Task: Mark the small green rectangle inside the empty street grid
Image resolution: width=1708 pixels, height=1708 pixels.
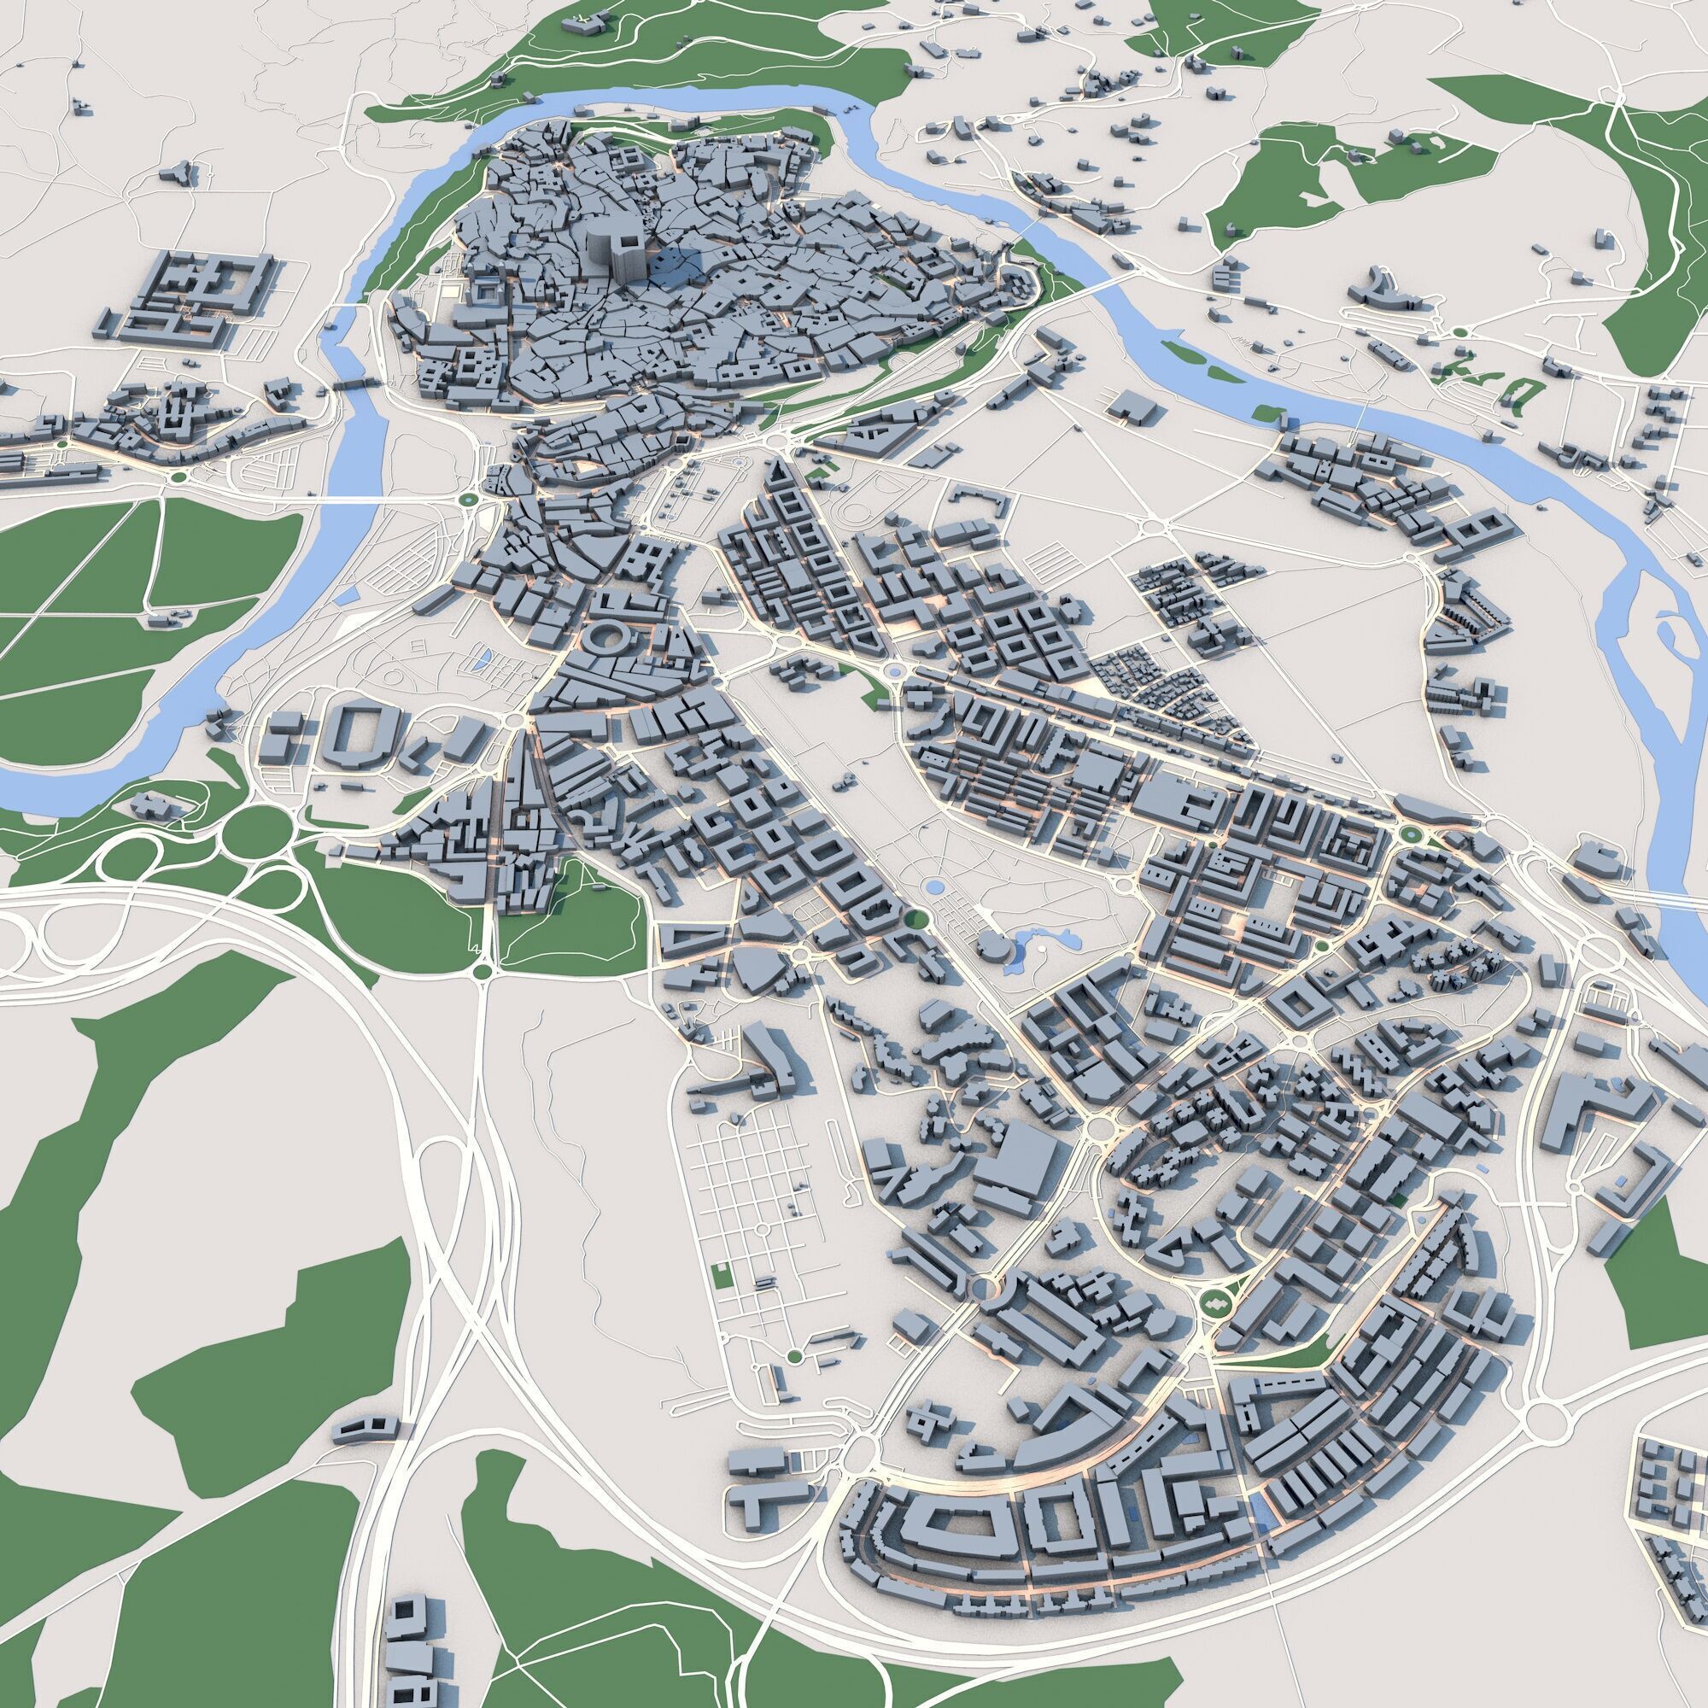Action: pos(721,1275)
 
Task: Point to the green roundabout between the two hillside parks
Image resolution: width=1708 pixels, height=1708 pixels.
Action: pos(483,972)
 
